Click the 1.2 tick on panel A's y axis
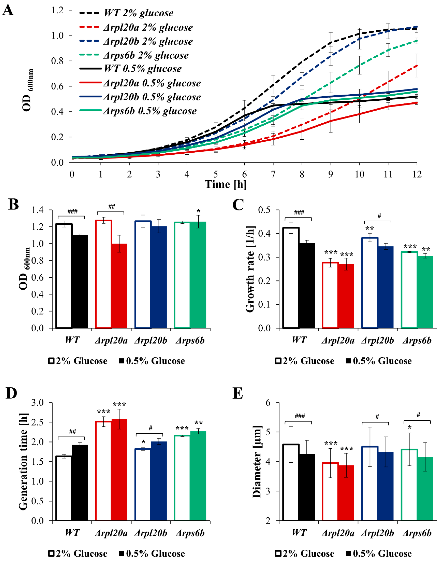click(57, 10)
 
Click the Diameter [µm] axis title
click(257, 461)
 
